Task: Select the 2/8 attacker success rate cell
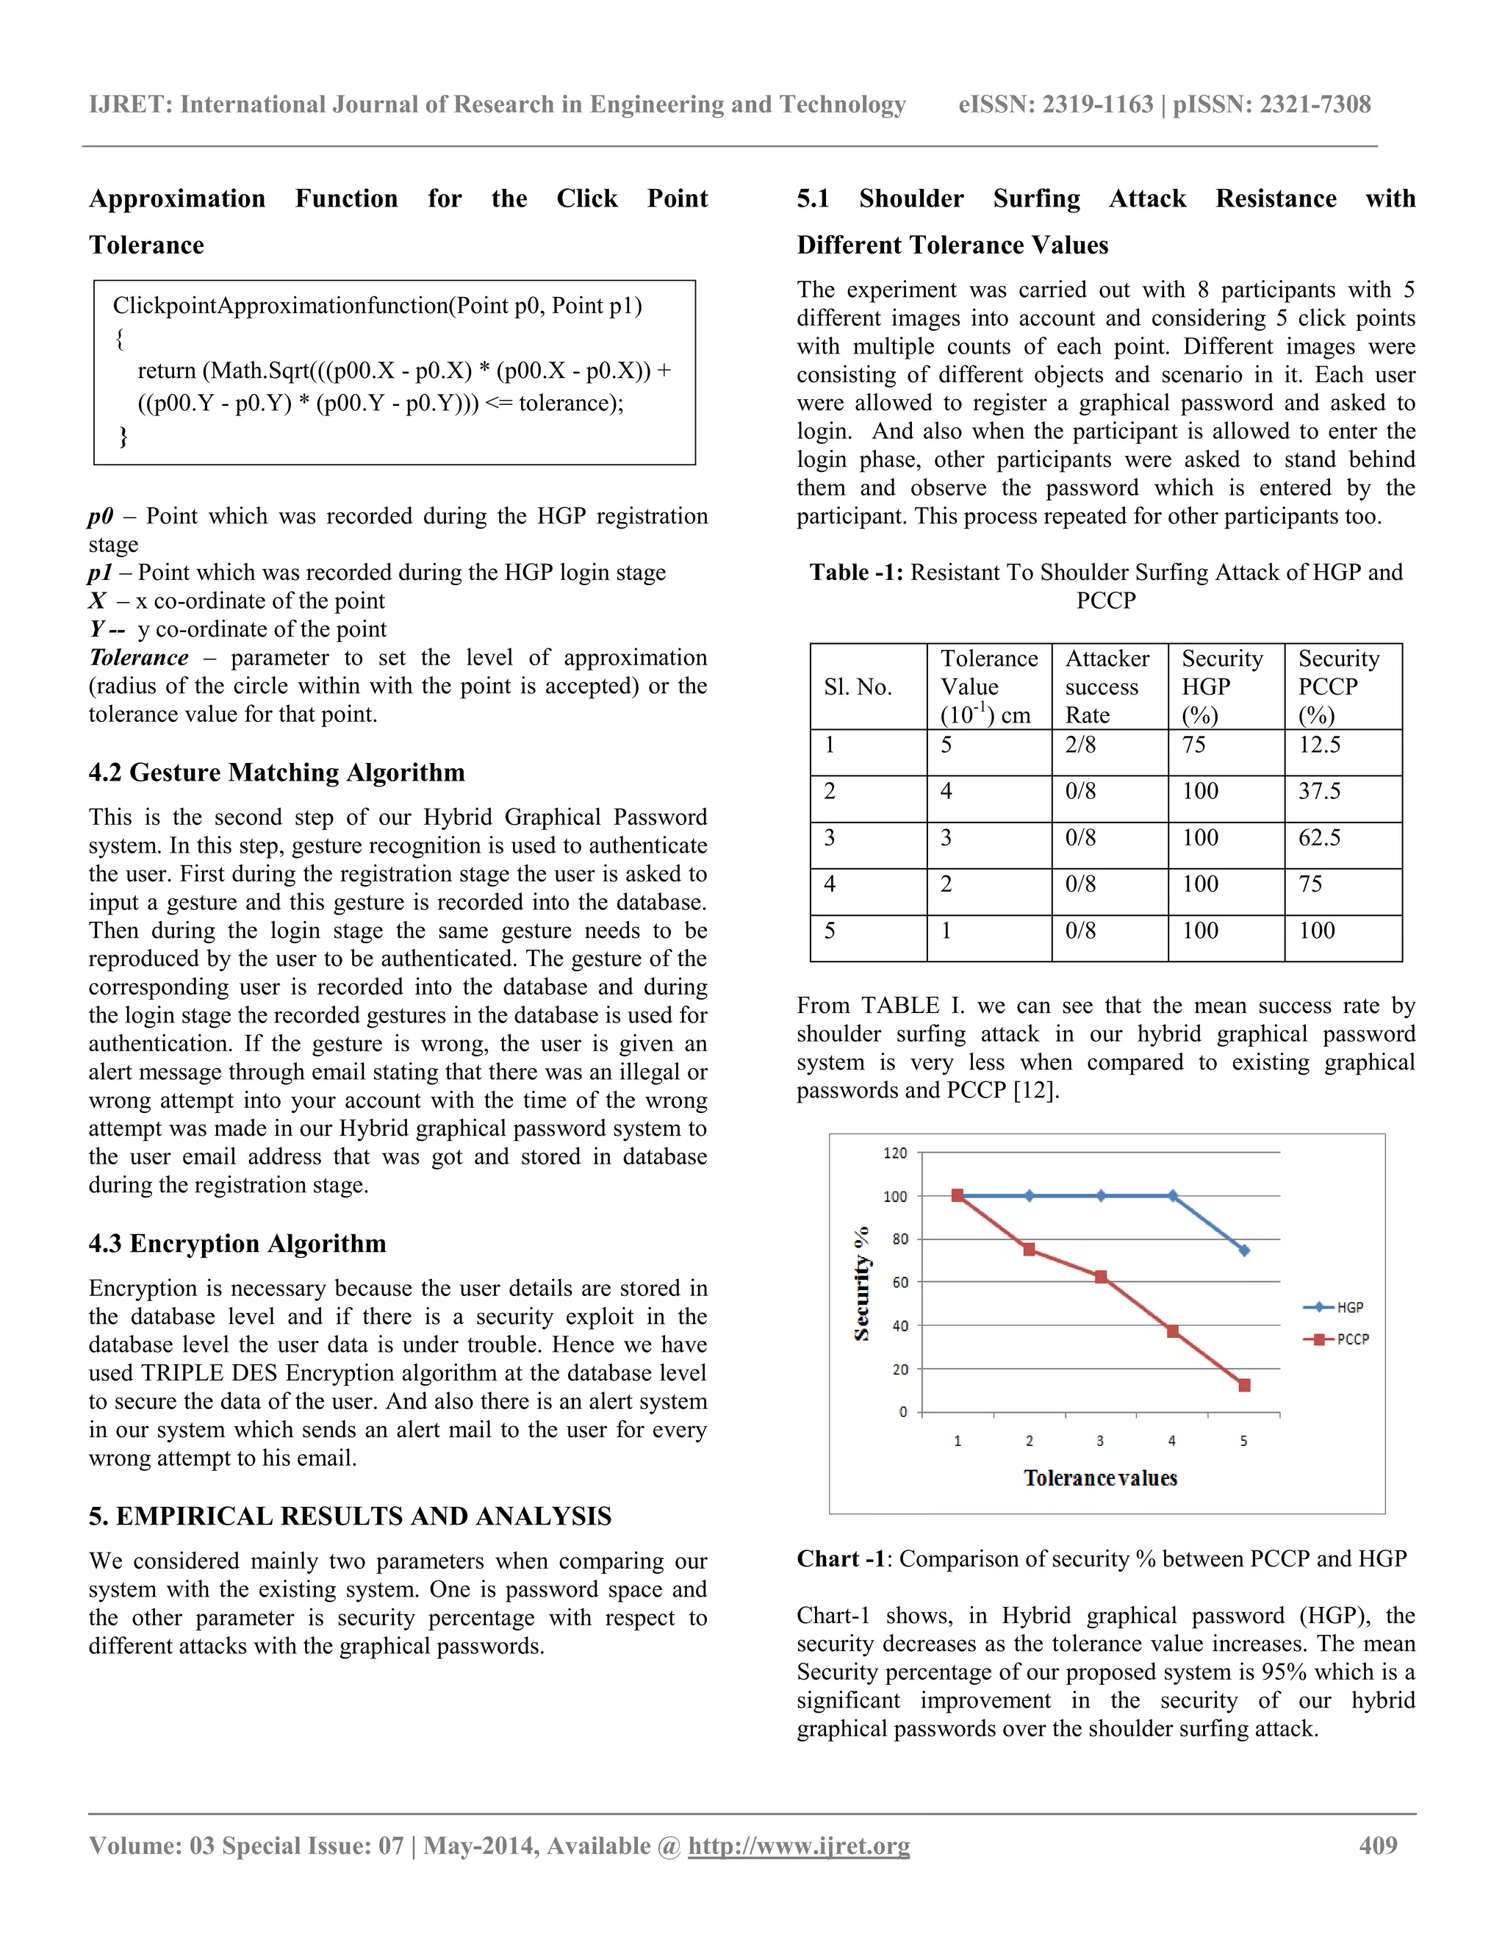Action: (x=1080, y=745)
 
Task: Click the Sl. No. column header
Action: (x=858, y=687)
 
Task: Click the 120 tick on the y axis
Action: (x=895, y=1153)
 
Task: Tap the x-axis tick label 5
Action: (x=1244, y=1442)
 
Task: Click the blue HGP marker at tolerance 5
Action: (x=1244, y=1250)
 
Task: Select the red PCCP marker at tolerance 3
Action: (x=1101, y=1278)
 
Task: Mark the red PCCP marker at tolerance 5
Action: (x=1245, y=1385)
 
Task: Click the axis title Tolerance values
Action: (x=1100, y=1479)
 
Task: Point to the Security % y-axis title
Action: (x=861, y=1284)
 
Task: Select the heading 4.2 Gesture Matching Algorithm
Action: (x=276, y=773)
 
